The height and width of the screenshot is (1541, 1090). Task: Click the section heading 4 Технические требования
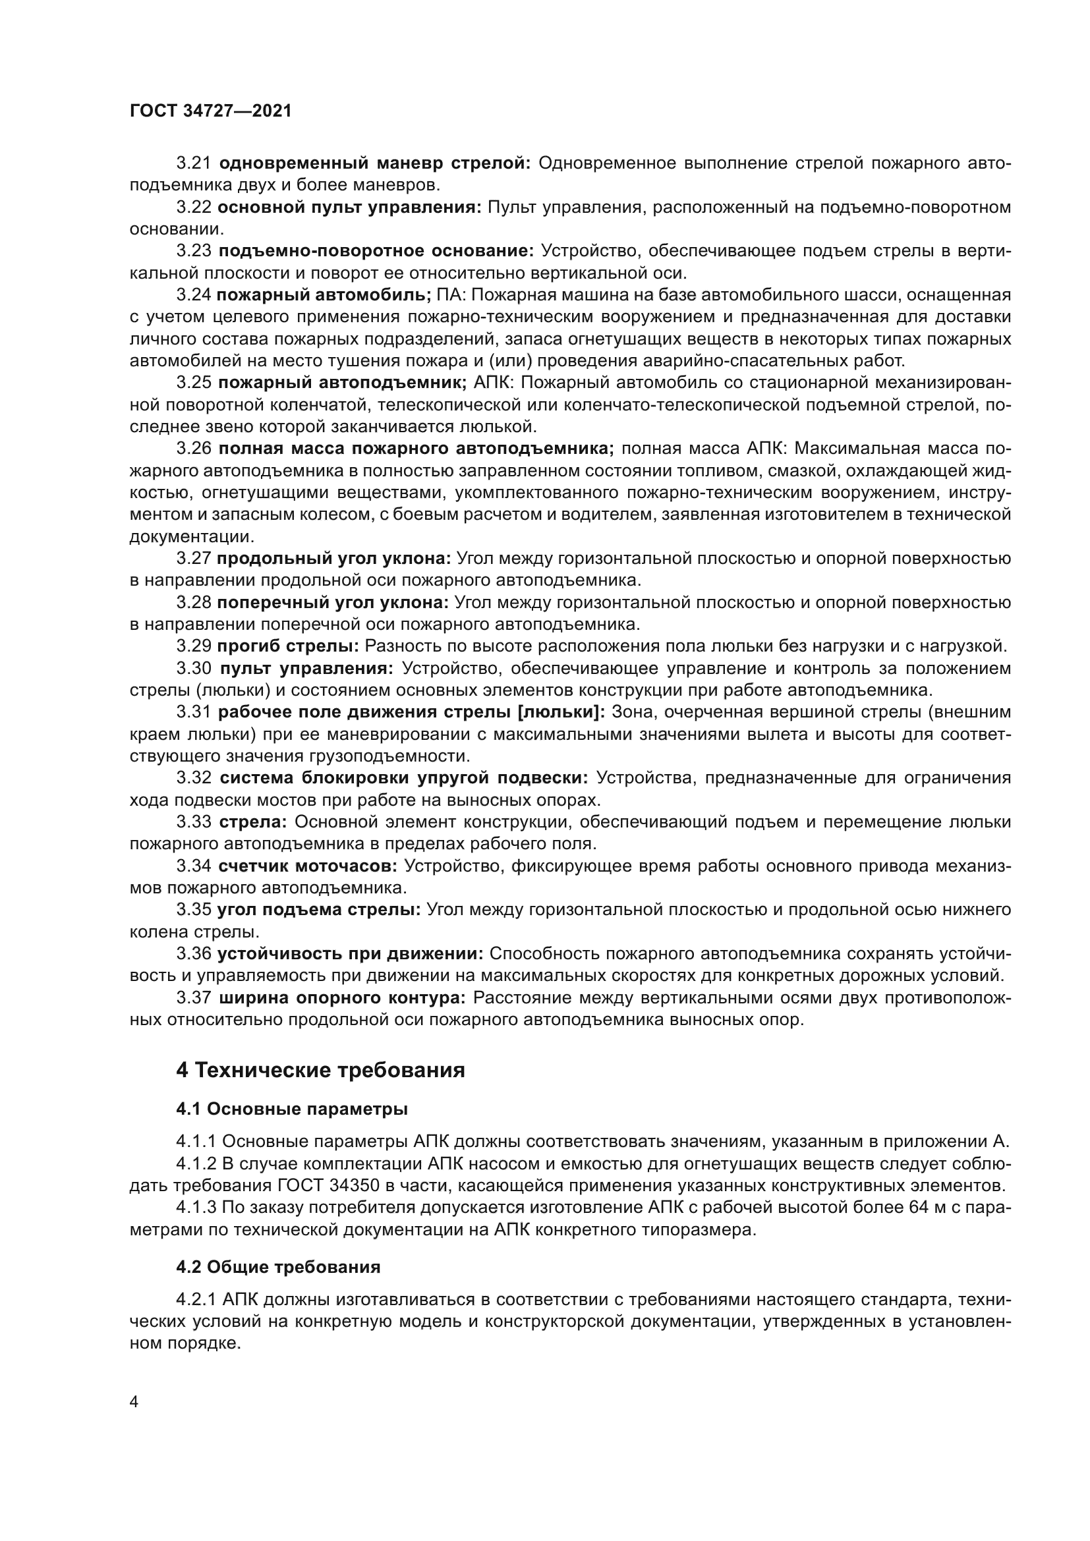pos(320,1070)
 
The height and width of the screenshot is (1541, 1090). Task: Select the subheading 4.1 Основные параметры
pos(292,1109)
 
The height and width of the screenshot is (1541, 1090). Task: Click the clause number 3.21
pos(194,163)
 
